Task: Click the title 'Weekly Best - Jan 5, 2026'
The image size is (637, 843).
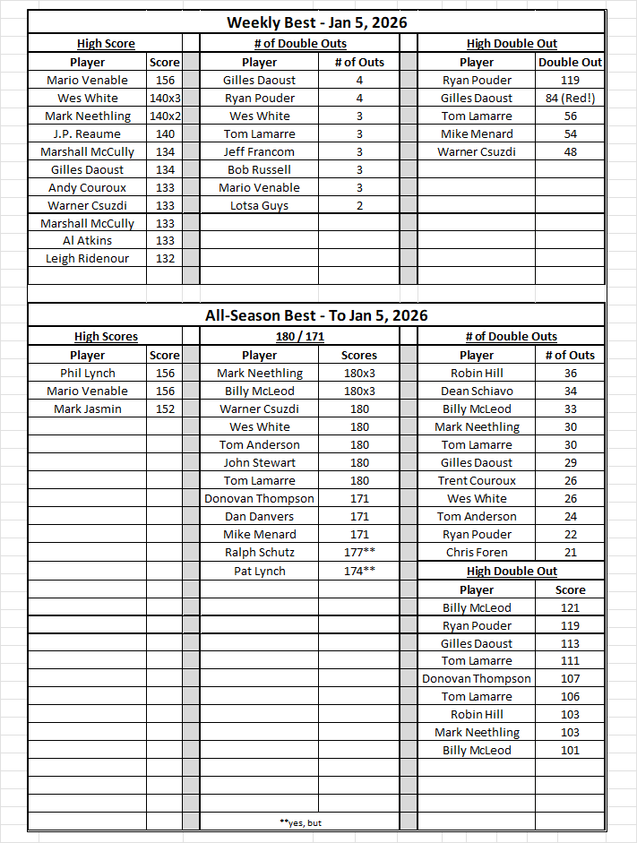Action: [316, 22]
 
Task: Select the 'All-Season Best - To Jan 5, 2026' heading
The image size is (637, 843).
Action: [316, 315]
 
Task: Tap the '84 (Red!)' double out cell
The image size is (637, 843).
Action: [570, 98]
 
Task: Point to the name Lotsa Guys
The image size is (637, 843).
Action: [259, 205]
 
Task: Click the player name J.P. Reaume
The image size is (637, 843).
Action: [88, 133]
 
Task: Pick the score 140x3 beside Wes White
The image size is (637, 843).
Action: [165, 98]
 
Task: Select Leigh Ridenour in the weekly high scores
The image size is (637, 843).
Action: [88, 258]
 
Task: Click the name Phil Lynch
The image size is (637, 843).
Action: [88, 373]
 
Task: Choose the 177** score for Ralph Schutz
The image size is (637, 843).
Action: [359, 552]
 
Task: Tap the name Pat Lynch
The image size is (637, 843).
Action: [259, 571]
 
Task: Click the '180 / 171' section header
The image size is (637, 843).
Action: [298, 336]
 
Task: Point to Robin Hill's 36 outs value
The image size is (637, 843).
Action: [570, 373]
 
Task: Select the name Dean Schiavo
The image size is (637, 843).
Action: [477, 391]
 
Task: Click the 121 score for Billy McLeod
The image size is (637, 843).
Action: [570, 607]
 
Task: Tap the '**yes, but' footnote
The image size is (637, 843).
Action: [300, 821]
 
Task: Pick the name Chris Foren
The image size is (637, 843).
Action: [477, 552]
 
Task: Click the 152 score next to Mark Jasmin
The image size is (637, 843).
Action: [165, 409]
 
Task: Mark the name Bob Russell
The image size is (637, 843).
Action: [259, 169]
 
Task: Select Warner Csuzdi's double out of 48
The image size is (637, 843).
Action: [570, 151]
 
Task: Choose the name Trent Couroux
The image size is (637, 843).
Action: [477, 480]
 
